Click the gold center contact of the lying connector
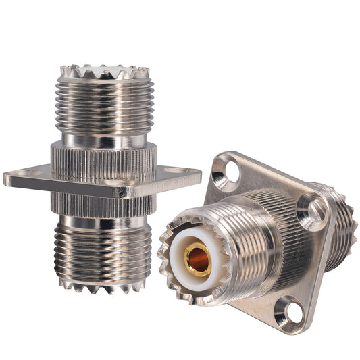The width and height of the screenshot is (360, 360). pos(197,259)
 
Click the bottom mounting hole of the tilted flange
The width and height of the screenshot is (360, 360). pos(290,313)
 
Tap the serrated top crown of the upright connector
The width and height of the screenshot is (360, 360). pos(104,70)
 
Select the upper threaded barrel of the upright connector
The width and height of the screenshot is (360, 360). pos(104,105)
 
